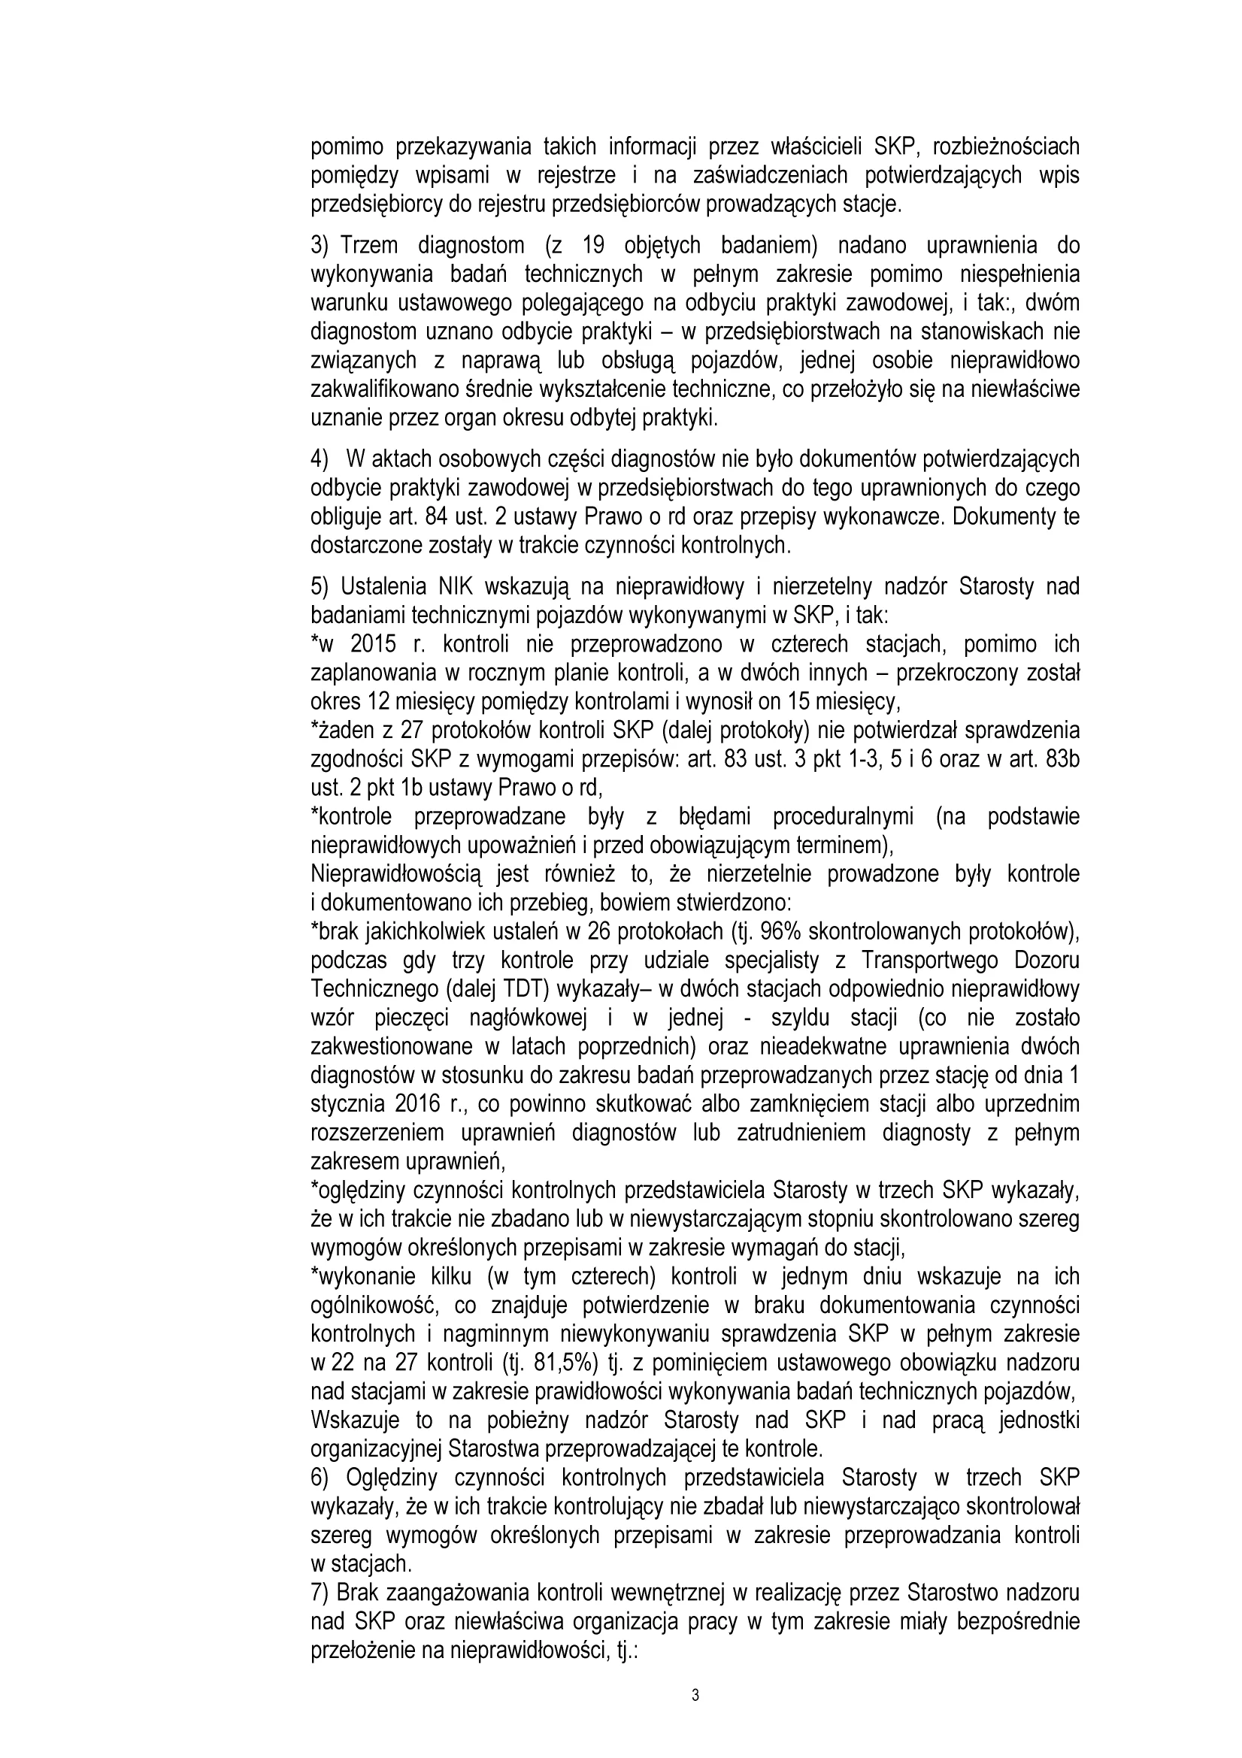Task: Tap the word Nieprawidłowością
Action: (395, 873)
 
